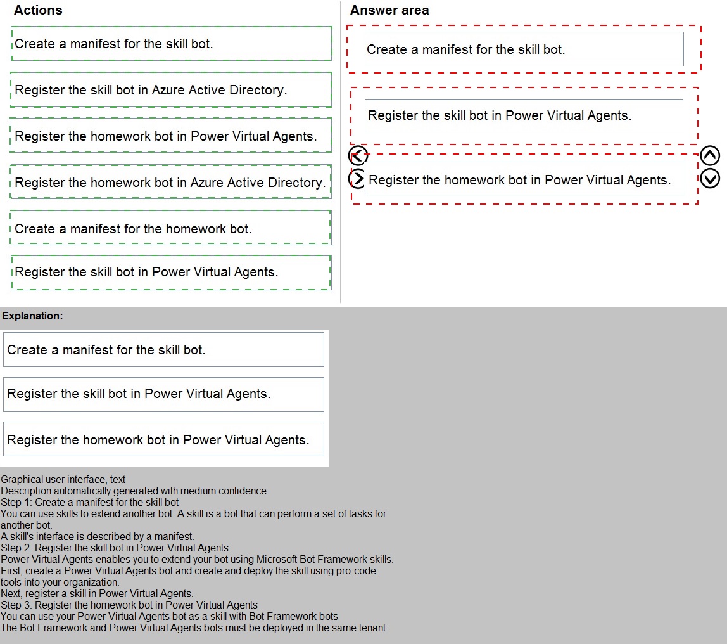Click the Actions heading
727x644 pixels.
pos(38,10)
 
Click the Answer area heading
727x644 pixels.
pos(389,10)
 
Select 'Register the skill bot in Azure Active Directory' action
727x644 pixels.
pos(171,90)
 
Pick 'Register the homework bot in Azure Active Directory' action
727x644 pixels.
pos(171,183)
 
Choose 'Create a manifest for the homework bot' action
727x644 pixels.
pos(171,229)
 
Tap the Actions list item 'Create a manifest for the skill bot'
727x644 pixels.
pos(171,44)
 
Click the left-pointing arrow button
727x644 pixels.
pos(358,156)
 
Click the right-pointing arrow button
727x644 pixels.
pos(358,179)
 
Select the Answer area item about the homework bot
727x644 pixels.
pos(519,180)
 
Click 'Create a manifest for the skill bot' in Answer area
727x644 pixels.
pos(465,49)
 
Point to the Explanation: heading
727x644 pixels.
pos(33,316)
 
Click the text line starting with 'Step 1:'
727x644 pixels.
pos(90,502)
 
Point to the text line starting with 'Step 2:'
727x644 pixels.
pos(115,548)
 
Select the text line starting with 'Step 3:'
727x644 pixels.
pos(129,605)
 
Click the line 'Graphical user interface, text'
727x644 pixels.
pos(63,480)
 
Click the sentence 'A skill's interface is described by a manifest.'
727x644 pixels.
pos(98,536)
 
